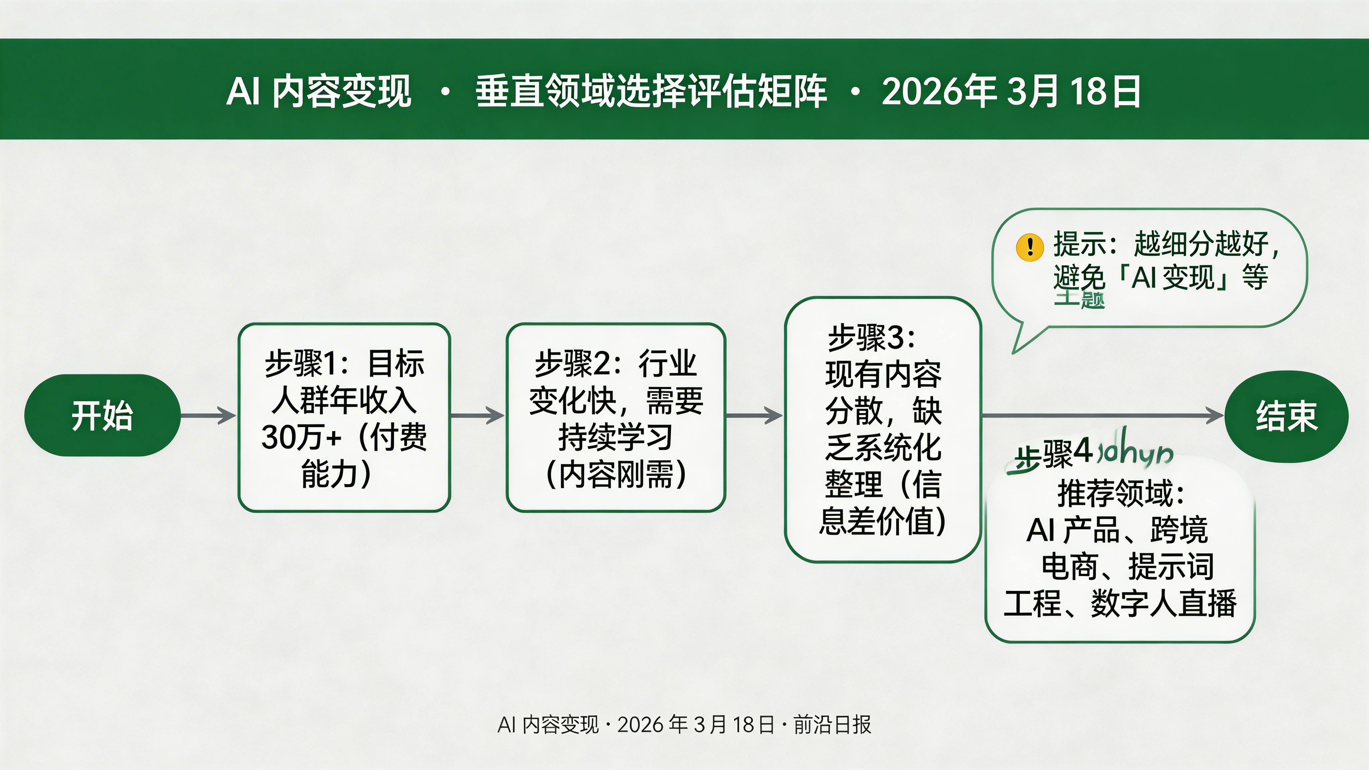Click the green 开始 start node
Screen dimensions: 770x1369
[102, 415]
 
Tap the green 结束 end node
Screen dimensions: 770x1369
[1286, 416]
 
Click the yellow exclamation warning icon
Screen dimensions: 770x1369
[1029, 247]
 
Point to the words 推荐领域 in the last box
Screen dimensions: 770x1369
[1116, 493]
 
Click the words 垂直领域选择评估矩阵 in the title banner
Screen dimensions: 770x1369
[651, 91]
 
